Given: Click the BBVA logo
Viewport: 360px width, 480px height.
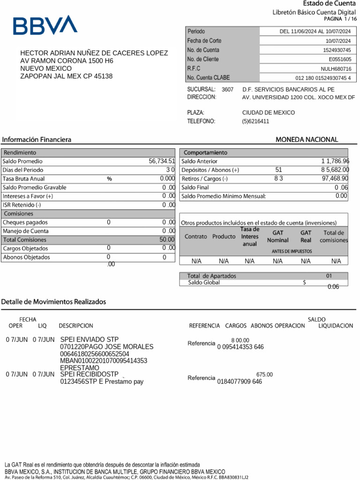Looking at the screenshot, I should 45,25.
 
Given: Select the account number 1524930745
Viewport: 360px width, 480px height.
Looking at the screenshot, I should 337,50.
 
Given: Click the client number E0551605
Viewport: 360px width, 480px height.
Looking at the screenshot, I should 339,60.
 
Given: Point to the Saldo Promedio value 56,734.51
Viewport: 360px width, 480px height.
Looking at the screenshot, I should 162,161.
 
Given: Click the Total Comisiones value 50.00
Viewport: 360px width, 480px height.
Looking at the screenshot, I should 167,240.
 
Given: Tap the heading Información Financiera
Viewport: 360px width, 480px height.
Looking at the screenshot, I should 37,140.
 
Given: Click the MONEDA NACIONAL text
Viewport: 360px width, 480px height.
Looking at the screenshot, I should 307,140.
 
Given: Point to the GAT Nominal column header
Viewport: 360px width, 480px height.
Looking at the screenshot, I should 277,236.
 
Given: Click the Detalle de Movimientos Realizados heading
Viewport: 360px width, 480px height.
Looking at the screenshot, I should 53,301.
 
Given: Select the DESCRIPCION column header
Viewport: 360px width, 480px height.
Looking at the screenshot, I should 76,326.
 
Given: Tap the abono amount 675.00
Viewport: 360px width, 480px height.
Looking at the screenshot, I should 264,375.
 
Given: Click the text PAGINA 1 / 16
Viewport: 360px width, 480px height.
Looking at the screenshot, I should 340,19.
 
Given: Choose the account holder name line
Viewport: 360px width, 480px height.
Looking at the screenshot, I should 94,53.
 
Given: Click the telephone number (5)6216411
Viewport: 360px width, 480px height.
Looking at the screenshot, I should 255,121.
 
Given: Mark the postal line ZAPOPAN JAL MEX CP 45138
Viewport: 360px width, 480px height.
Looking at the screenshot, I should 66,76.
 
